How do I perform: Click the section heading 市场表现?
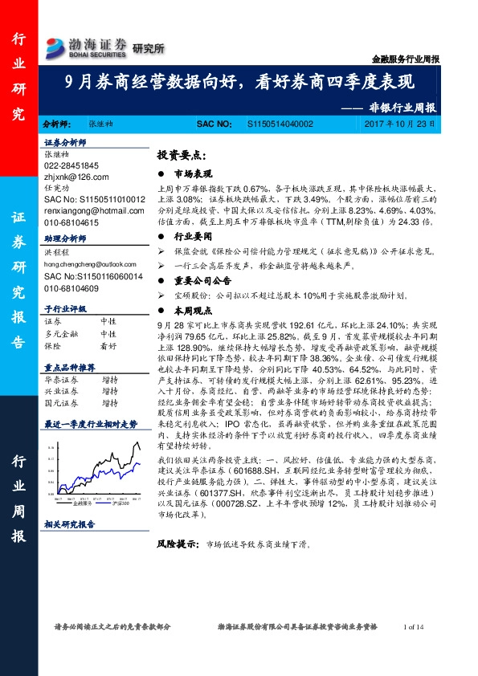pos(194,173)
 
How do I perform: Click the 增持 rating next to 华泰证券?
pos(109,379)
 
